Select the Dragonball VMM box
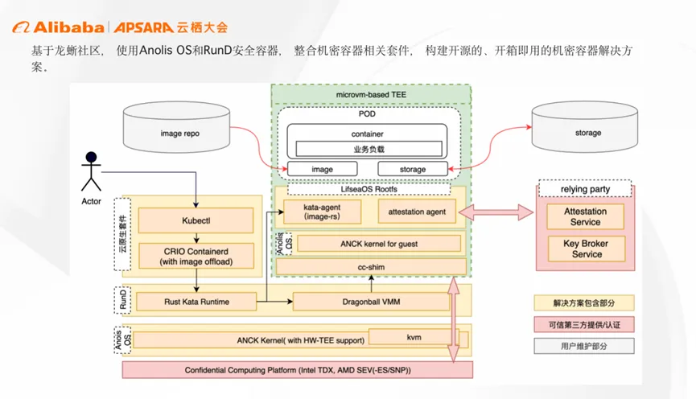point(371,302)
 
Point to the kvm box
point(414,336)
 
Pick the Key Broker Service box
point(585,249)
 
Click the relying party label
point(585,189)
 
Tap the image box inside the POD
point(321,169)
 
